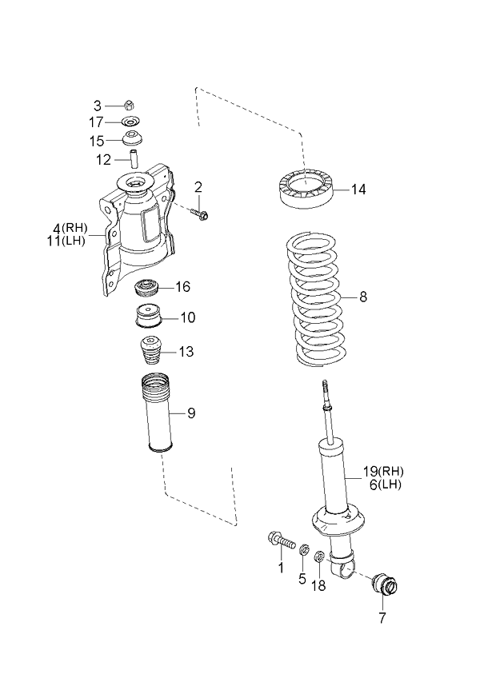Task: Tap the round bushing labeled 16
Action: [x=146, y=286]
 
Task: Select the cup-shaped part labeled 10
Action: [x=147, y=317]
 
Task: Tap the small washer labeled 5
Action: [x=304, y=550]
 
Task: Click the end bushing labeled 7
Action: [x=386, y=587]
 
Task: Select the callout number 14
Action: [x=358, y=189]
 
